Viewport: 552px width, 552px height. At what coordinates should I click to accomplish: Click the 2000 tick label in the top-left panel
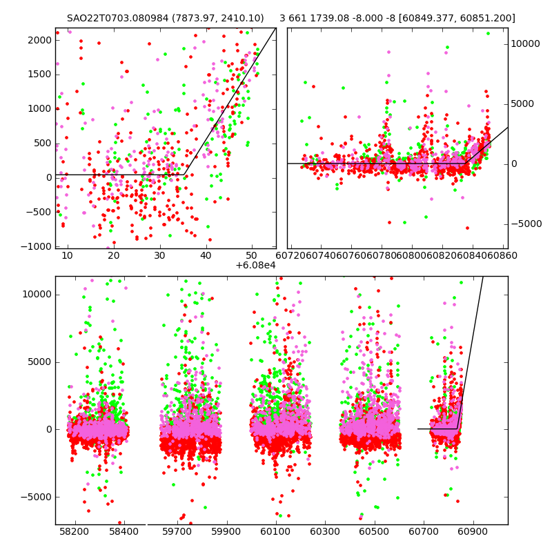coord(41,40)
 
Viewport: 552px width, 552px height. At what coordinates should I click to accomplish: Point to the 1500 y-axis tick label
coord(41,75)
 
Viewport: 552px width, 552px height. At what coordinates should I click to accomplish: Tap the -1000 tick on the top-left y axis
coord(39,246)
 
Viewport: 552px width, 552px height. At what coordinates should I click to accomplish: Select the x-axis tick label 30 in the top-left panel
coord(159,256)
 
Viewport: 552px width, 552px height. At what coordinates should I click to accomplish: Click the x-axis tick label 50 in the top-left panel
coord(252,256)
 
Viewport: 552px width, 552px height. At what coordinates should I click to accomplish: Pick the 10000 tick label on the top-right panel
coord(525,43)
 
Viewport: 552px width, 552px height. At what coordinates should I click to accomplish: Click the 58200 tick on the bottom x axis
coord(74,532)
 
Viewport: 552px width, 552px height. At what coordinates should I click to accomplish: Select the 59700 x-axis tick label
coord(177,532)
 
